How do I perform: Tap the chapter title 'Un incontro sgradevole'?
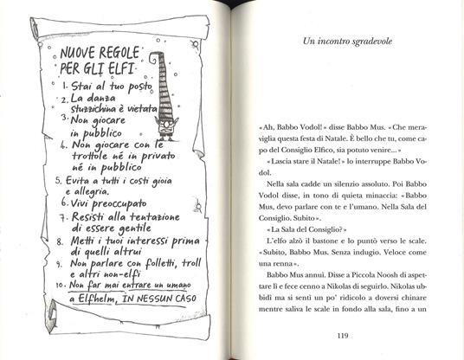point(349,40)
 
